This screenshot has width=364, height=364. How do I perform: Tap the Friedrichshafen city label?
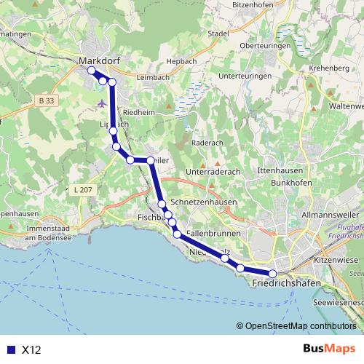point(287,282)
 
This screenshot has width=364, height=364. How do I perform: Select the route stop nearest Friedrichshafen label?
point(272,274)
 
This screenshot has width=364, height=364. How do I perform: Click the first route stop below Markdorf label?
point(91,71)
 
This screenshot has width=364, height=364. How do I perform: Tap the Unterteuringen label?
point(244,76)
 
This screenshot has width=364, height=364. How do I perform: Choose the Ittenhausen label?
point(280,170)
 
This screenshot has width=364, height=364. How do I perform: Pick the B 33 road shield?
point(47,100)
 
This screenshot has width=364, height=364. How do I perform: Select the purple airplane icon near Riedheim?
point(101,103)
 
